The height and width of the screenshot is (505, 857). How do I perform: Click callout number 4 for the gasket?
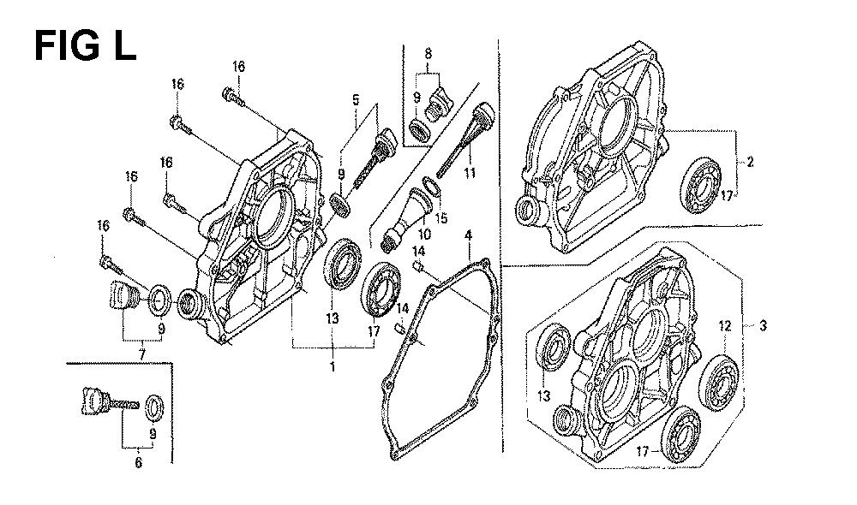click(x=469, y=235)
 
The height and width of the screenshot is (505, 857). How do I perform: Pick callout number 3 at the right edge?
click(x=751, y=326)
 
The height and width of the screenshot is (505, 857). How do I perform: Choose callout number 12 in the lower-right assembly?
click(x=724, y=325)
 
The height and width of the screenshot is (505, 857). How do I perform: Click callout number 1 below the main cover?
click(x=332, y=366)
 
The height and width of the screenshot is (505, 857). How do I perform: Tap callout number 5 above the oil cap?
click(x=354, y=99)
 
